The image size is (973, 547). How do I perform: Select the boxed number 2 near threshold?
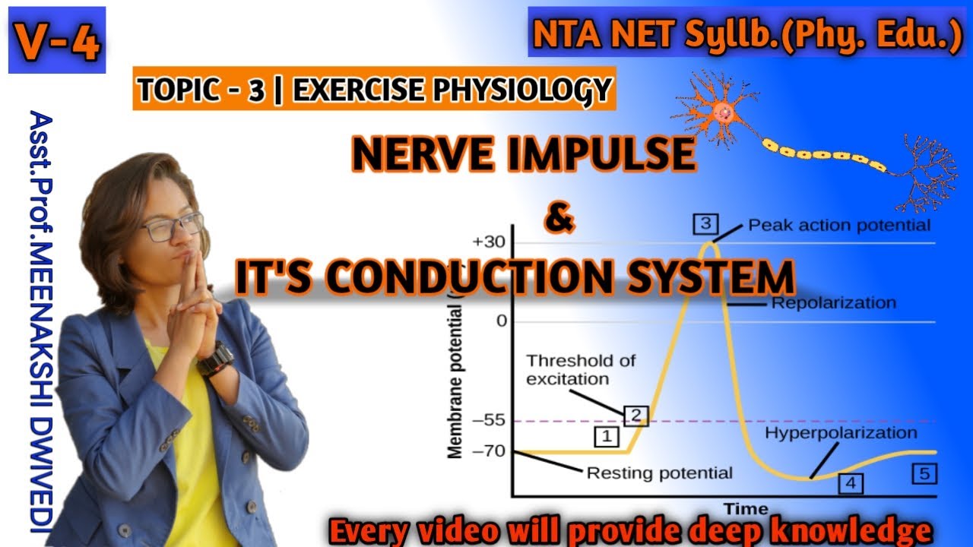point(635,415)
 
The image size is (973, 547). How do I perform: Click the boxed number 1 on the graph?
point(606,436)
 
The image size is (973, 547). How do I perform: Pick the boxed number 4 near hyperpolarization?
point(851,482)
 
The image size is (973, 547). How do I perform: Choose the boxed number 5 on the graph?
point(924,473)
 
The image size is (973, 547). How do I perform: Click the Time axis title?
point(745,508)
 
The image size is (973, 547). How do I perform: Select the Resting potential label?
point(659,473)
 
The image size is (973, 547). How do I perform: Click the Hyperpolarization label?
point(841,433)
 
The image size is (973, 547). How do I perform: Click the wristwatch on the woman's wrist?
point(216,357)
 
